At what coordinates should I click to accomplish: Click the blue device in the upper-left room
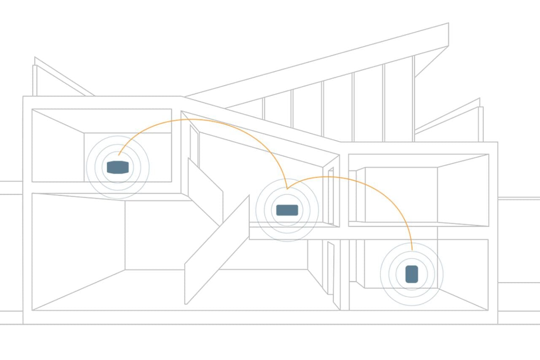117,167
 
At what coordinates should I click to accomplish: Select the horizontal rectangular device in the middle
287,210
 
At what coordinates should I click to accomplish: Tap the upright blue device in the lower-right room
411,274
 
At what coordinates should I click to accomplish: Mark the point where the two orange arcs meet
287,188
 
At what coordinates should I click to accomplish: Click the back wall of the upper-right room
401,194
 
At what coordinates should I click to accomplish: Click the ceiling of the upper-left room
101,121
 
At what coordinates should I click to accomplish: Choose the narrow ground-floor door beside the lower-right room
330,270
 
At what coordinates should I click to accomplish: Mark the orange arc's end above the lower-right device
412,249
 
